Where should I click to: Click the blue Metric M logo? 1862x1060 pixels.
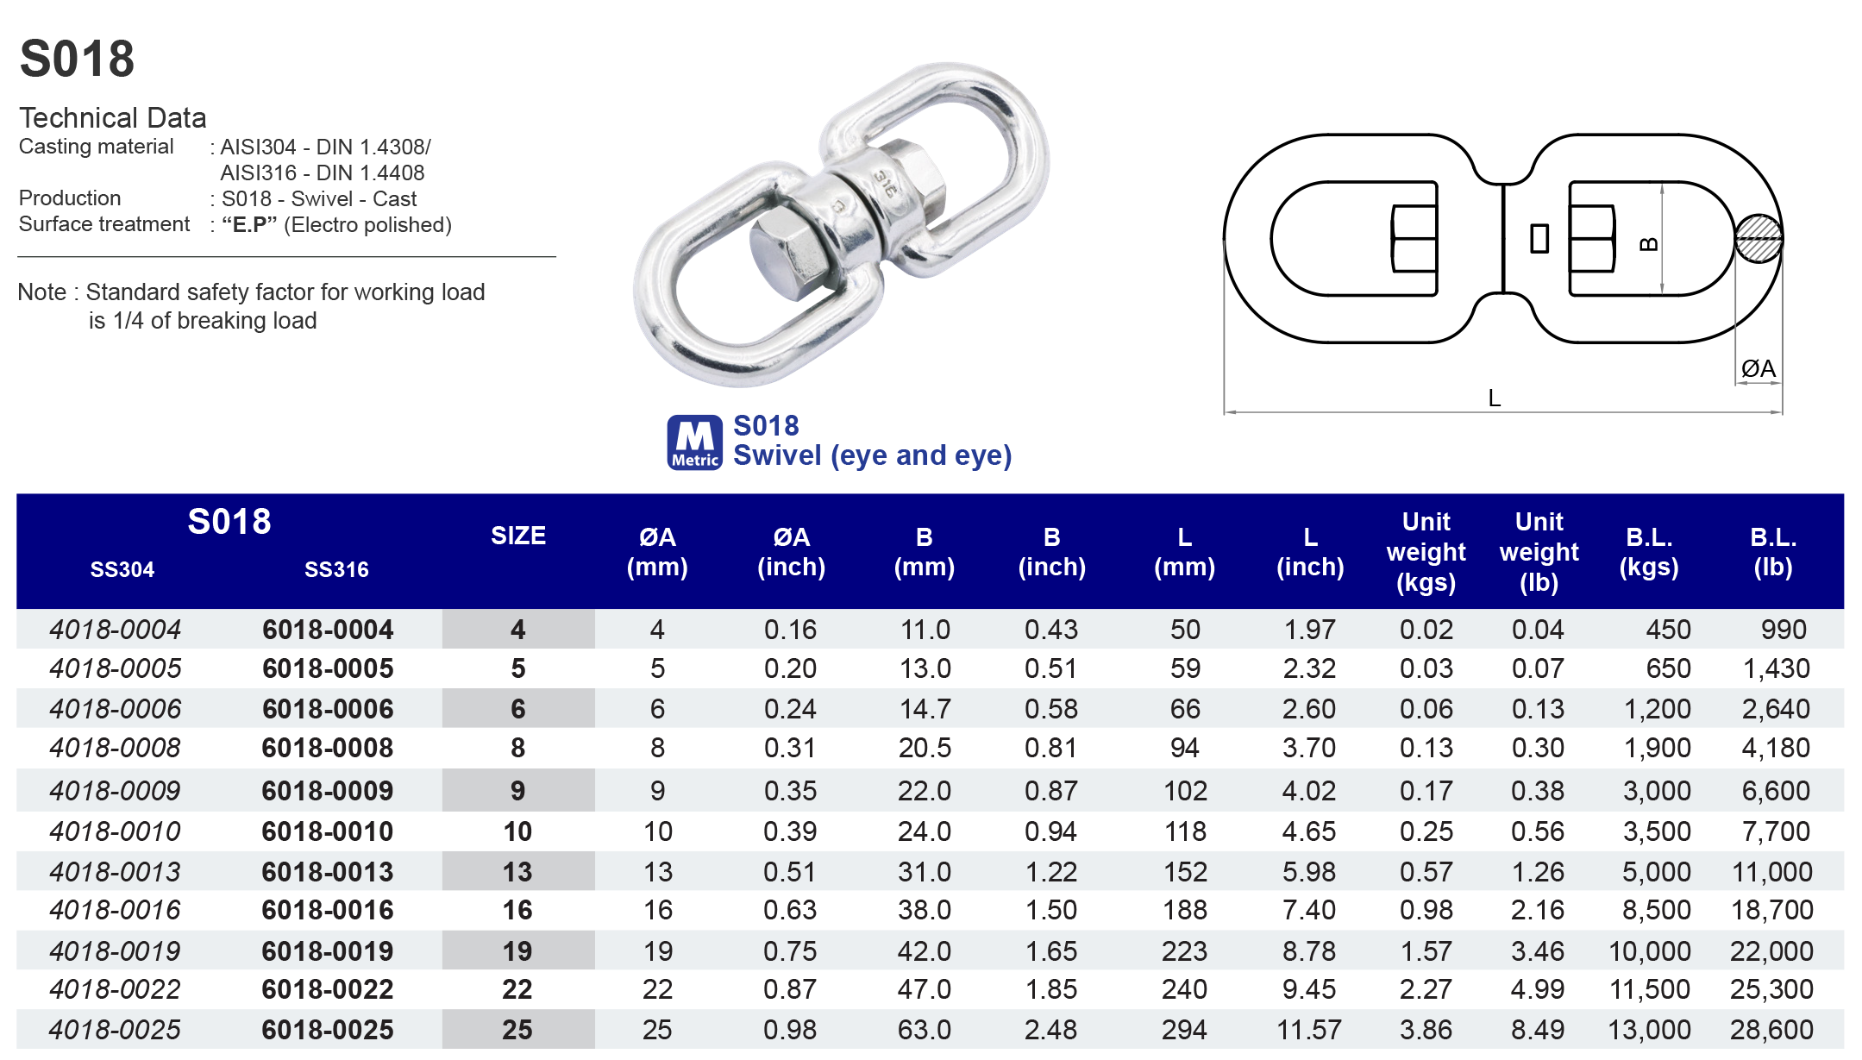(x=694, y=442)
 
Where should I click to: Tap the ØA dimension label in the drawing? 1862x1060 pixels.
(x=1758, y=369)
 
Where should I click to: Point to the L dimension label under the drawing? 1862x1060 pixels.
(x=1495, y=398)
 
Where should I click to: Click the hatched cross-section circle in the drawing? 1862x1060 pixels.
(x=1759, y=238)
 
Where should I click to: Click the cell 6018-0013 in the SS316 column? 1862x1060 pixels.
(x=328, y=872)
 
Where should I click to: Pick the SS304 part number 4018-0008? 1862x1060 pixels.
(x=116, y=748)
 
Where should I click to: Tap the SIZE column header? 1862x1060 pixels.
(x=518, y=536)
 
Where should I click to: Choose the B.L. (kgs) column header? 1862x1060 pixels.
(x=1649, y=552)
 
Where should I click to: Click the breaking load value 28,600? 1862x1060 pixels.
(x=1771, y=1029)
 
